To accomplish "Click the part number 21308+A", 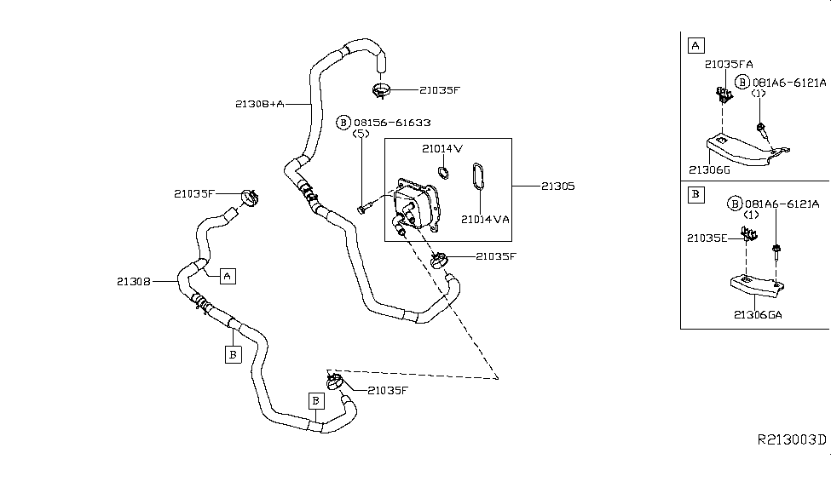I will (260, 104).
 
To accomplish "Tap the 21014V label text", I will (441, 148).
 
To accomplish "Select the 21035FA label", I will (728, 64).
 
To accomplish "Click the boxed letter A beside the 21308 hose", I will (228, 275).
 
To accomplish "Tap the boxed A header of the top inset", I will (695, 45).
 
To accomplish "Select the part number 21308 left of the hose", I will (134, 279).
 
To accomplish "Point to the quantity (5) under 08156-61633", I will (361, 134).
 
